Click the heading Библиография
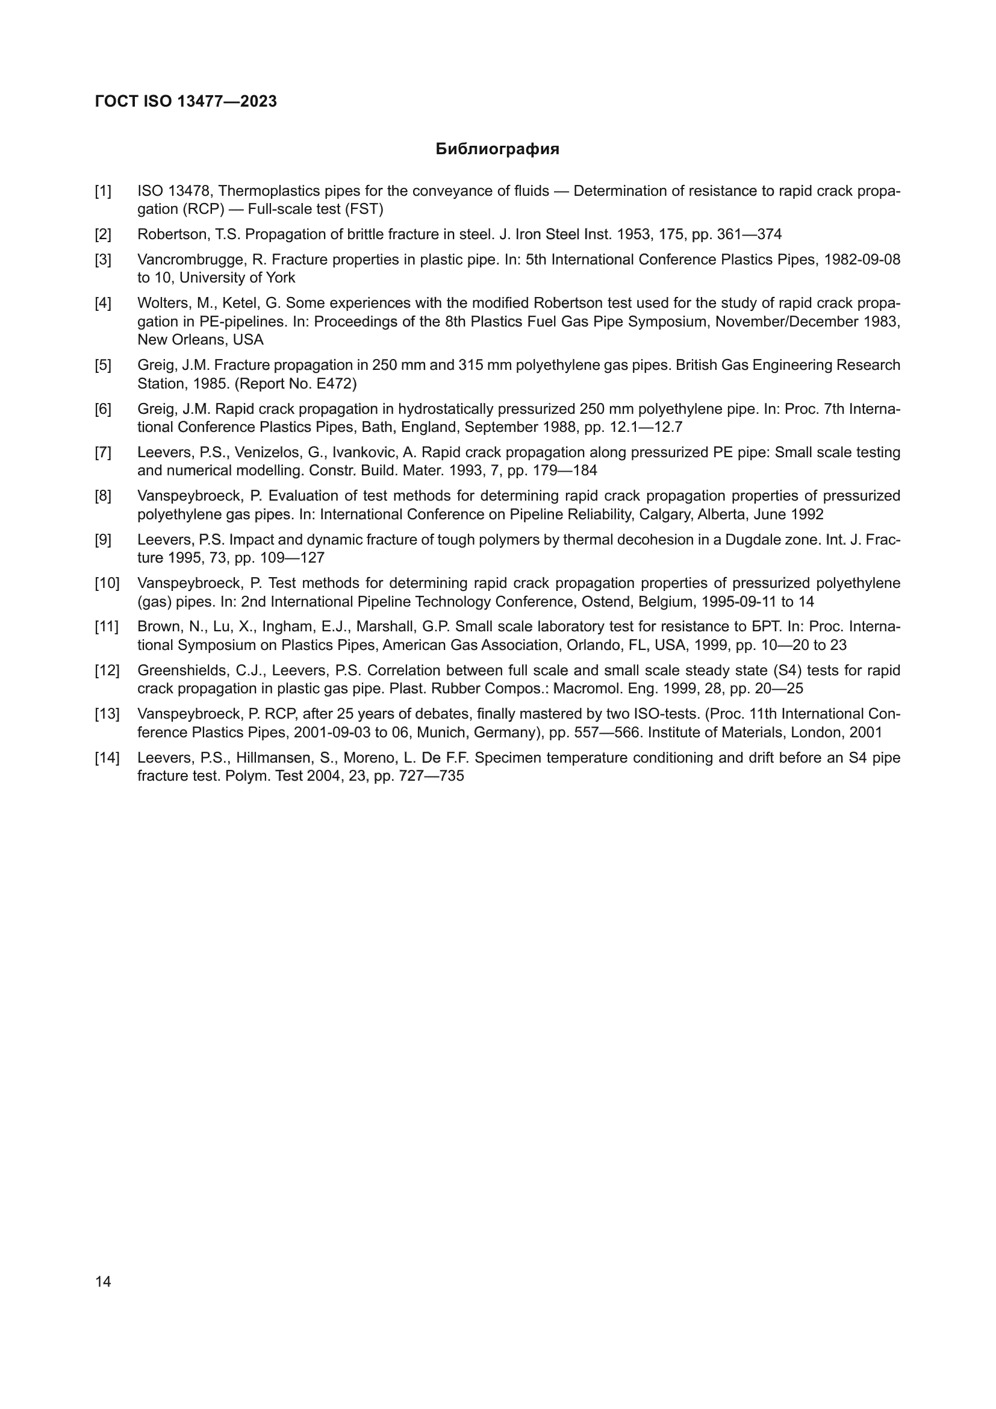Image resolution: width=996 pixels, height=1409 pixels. point(497,149)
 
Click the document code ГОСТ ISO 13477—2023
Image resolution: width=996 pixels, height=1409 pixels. point(186,101)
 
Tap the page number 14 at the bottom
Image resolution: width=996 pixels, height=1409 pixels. point(103,1281)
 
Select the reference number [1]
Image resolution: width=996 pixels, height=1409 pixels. point(103,191)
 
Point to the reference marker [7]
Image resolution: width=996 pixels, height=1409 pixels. point(103,452)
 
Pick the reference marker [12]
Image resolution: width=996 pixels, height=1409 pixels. point(107,670)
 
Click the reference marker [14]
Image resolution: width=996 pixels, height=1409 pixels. point(107,757)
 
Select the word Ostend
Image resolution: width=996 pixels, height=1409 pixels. point(605,601)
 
